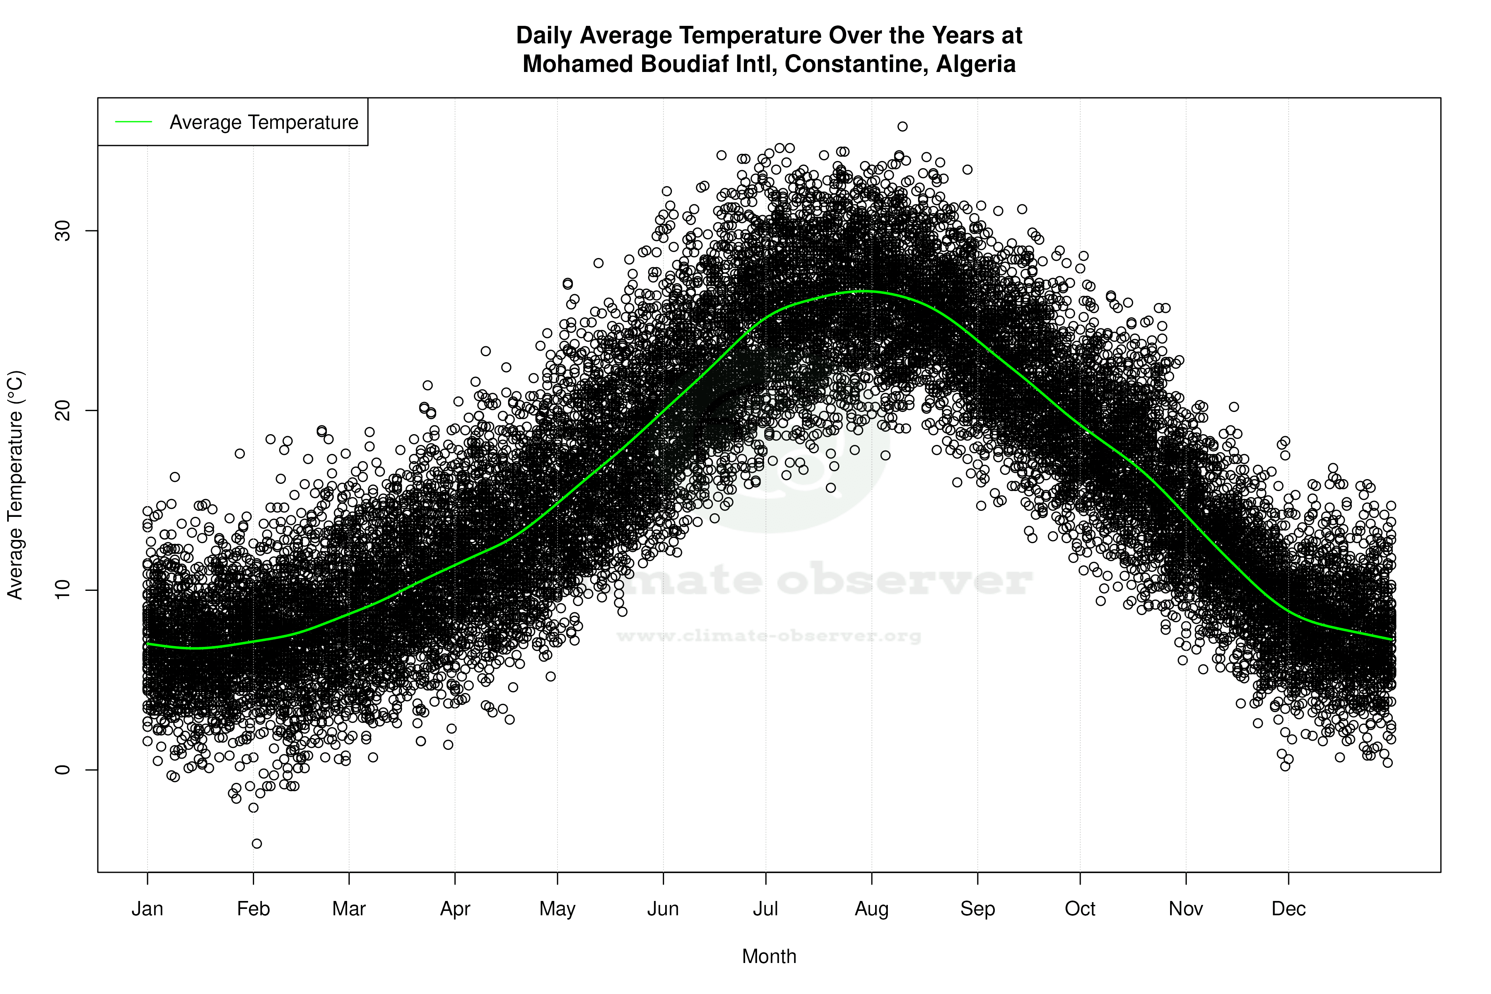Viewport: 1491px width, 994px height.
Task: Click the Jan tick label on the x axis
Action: click(x=147, y=909)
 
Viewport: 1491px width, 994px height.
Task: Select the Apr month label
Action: click(x=455, y=909)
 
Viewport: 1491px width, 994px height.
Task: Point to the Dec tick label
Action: click(x=1288, y=909)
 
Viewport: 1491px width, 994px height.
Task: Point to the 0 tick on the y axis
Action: click(x=62, y=770)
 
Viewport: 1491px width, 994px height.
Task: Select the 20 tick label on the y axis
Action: click(x=62, y=411)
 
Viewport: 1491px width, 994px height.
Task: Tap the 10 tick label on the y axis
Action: click(x=62, y=590)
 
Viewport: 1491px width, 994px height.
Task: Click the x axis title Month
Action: click(x=769, y=957)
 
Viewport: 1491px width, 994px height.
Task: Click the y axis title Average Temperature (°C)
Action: click(x=15, y=485)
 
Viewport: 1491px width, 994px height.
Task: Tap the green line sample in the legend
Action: click(x=134, y=122)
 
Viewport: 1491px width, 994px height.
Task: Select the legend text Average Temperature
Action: click(x=264, y=122)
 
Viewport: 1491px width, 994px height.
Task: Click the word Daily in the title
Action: click(x=544, y=35)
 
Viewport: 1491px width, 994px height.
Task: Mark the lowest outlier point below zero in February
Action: click(x=257, y=844)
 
